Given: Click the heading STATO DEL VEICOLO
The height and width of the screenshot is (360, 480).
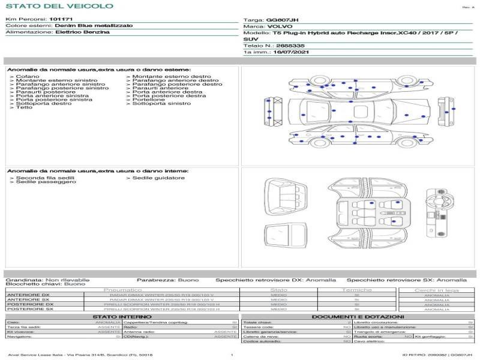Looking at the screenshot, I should [59, 7].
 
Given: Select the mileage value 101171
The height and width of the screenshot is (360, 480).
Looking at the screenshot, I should [61, 19].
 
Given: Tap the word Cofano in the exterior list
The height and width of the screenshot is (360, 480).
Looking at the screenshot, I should [28, 77].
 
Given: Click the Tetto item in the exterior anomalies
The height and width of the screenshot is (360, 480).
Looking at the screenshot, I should [24, 107].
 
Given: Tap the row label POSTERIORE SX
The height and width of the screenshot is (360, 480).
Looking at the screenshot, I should [29, 309].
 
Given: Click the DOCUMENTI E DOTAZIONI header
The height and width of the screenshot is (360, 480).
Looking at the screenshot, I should [358, 316].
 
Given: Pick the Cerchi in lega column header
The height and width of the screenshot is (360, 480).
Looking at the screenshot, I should [436, 290].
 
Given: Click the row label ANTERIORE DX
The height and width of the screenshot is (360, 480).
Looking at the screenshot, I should [28, 295].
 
